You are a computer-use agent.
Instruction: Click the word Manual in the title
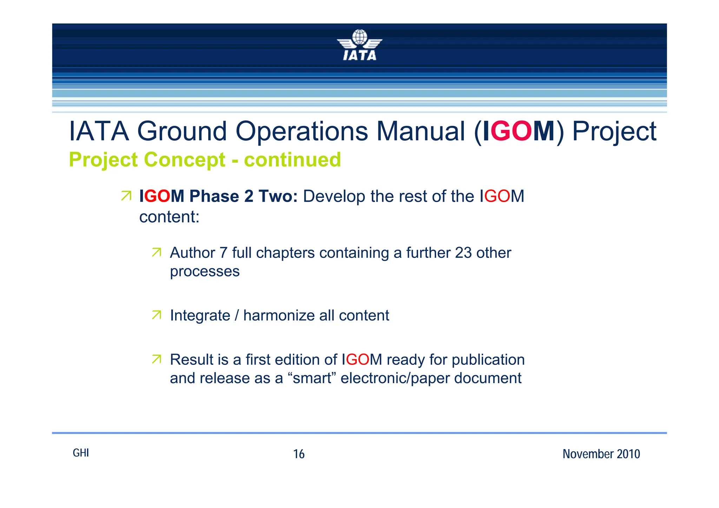[420, 132]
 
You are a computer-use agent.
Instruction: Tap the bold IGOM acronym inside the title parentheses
[519, 132]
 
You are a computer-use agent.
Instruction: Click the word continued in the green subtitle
[292, 160]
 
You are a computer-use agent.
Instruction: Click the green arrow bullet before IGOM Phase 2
[126, 196]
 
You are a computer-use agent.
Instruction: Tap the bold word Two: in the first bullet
[278, 196]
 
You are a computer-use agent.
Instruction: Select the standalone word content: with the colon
[169, 217]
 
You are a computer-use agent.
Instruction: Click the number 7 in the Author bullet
[223, 253]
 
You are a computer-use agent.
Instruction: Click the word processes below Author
[205, 272]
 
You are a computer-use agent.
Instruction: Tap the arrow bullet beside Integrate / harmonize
[157, 315]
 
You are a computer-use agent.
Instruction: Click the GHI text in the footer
[81, 453]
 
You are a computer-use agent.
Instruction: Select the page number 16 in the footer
[299, 454]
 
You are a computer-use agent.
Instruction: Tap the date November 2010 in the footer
[601, 454]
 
